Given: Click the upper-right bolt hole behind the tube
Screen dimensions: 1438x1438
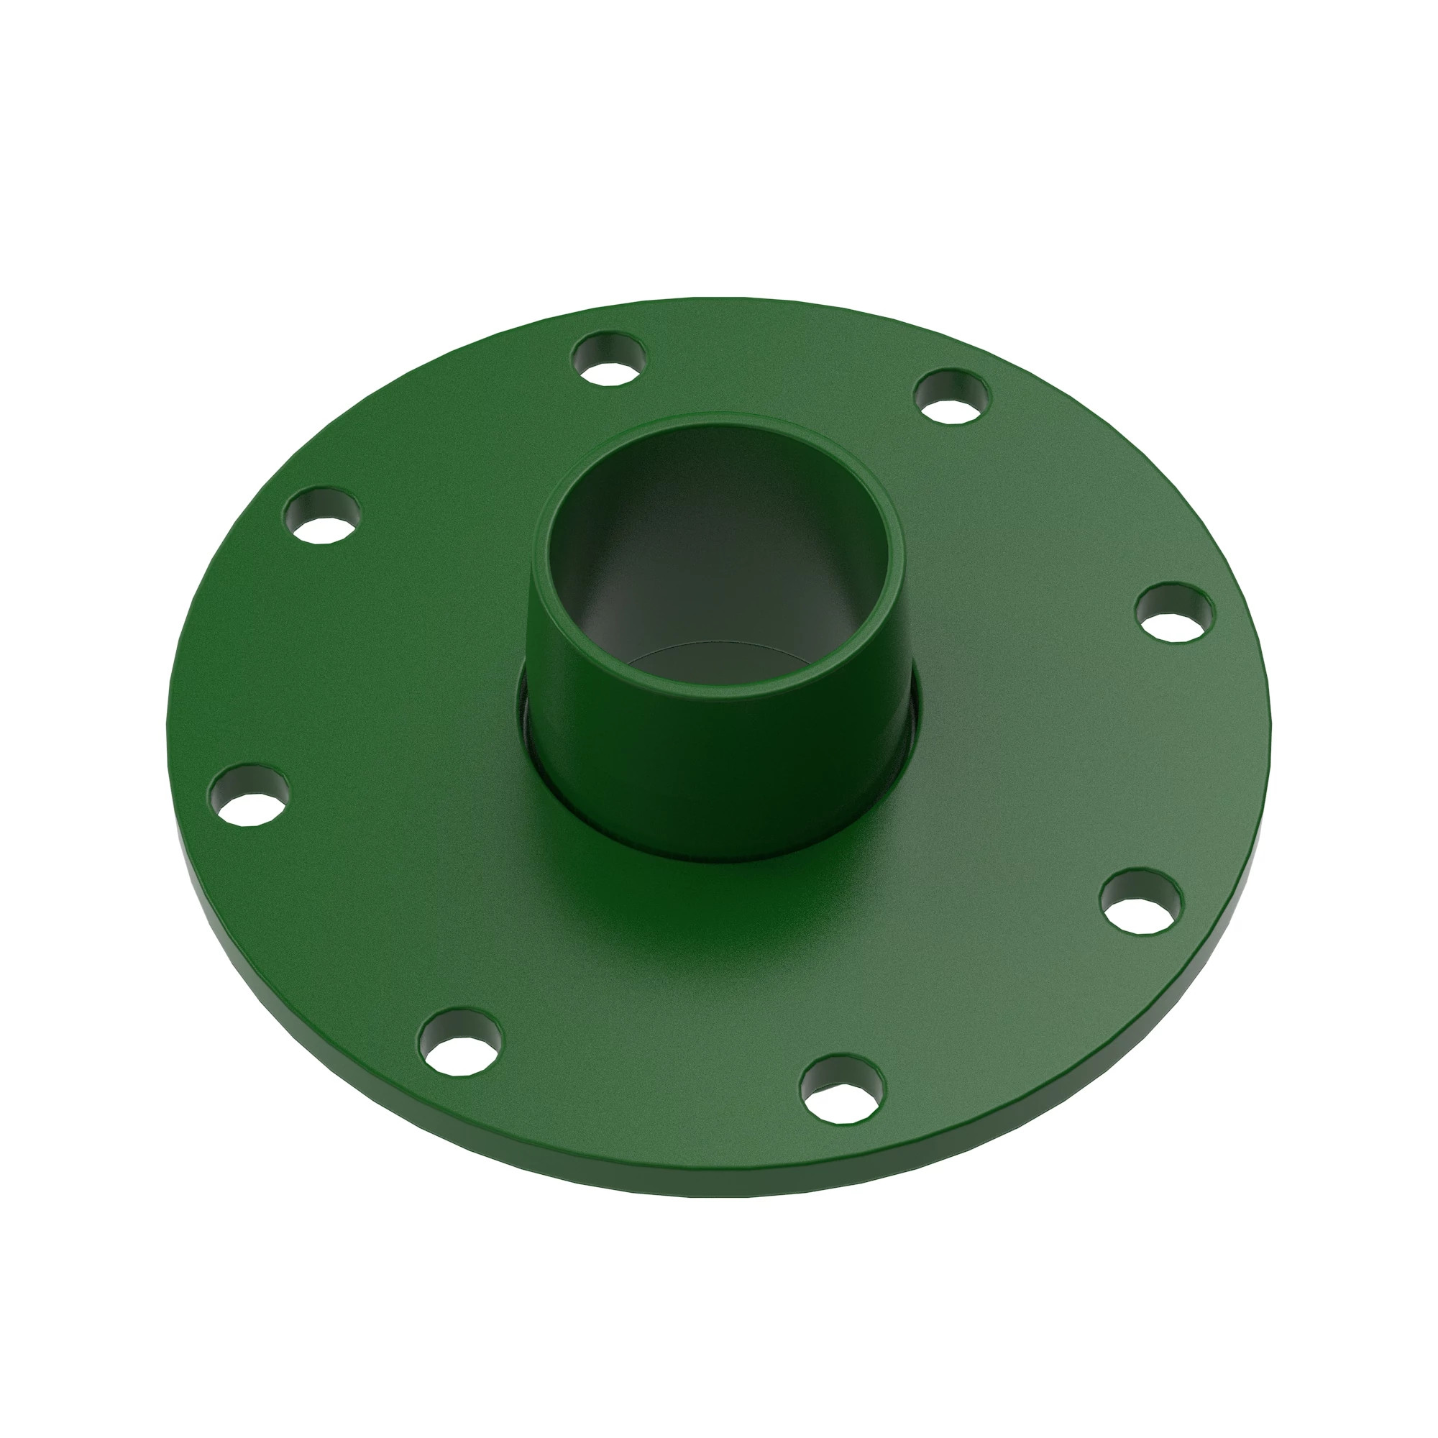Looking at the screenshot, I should click(x=953, y=397).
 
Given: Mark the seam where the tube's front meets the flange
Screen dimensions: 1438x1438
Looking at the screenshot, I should click(x=715, y=860).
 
